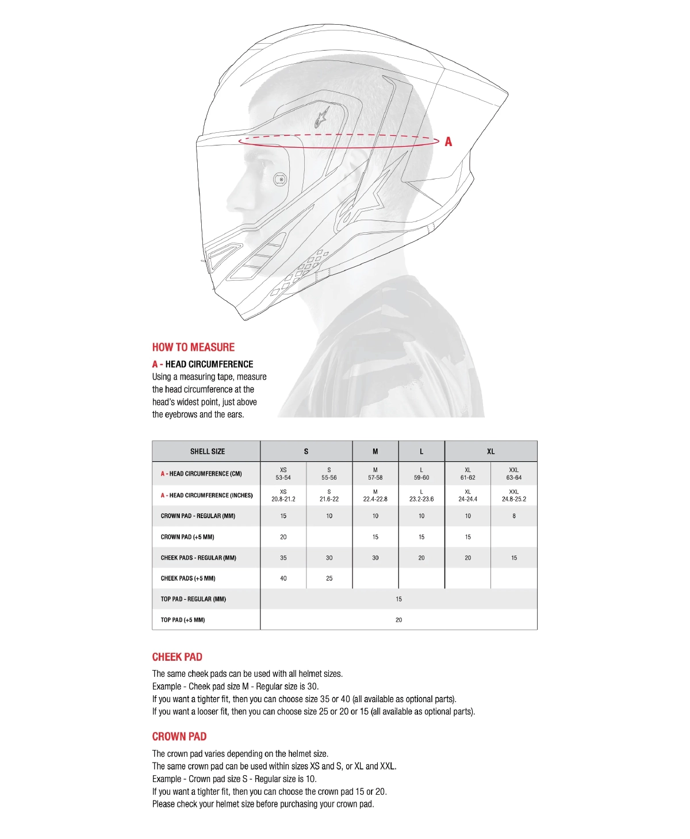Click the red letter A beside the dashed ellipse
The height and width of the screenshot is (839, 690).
448,141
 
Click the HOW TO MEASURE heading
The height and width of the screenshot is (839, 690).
193,347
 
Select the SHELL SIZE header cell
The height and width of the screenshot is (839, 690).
207,451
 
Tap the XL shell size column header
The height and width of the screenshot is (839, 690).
490,451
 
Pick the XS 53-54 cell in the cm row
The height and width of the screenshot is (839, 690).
283,474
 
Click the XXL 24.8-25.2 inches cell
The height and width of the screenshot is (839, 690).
513,496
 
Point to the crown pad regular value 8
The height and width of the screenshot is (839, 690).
514,516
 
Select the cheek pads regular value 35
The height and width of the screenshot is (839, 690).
283,558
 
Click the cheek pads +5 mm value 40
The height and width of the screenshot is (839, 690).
283,579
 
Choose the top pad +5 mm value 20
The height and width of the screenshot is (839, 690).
398,620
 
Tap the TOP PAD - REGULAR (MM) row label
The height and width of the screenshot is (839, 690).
193,599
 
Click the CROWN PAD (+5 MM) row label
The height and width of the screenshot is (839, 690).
187,537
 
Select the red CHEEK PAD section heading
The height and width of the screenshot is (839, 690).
177,657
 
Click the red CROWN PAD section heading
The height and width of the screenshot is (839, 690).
179,737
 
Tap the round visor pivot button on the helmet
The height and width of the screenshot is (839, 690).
281,179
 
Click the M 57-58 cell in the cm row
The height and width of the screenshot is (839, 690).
375,474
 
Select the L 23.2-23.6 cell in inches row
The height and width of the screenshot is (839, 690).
421,496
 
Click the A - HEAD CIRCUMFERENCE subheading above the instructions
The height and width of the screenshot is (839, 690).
202,364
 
